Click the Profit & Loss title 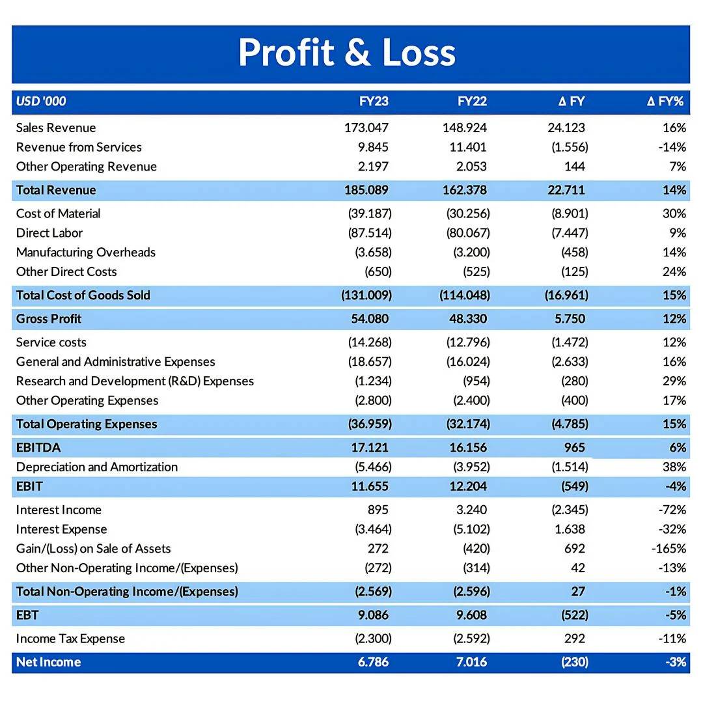click(x=346, y=52)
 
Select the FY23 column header click(x=374, y=102)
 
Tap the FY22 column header click(x=472, y=102)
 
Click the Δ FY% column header click(x=665, y=102)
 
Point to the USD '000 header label click(x=41, y=102)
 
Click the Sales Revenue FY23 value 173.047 click(x=366, y=128)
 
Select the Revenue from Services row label click(x=79, y=147)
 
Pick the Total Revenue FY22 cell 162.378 click(x=465, y=190)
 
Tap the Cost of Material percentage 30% click(x=674, y=214)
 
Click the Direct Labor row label click(x=49, y=233)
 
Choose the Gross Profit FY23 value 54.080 click(x=370, y=319)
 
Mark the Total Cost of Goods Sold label click(x=83, y=296)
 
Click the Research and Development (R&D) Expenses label click(x=135, y=381)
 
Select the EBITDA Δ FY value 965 click(x=574, y=447)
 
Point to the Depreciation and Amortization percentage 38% click(x=674, y=467)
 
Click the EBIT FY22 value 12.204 click(x=468, y=486)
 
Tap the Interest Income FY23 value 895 click(x=378, y=510)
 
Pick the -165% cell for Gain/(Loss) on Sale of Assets click(x=669, y=549)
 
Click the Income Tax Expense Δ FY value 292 click(x=574, y=639)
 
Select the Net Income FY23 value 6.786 click(x=373, y=662)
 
